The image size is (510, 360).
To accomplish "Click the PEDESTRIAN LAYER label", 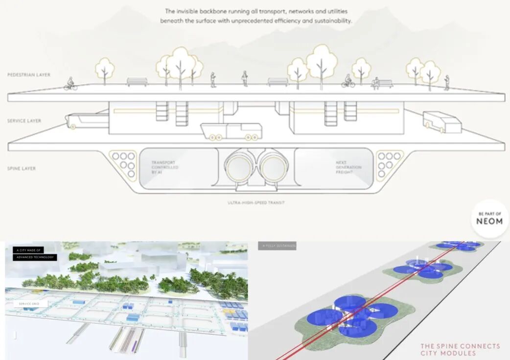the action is (x=29, y=75).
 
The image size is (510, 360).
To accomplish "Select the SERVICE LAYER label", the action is (x=24, y=120).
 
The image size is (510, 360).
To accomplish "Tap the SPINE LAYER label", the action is (x=23, y=169).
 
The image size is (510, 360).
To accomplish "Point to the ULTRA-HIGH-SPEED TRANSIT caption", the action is (x=256, y=202).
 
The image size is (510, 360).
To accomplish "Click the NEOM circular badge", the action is (x=489, y=218).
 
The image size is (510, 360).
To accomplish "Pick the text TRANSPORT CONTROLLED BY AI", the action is (x=164, y=168).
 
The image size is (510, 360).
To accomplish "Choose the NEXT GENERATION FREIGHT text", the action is (x=348, y=168).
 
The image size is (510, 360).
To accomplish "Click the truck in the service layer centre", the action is (x=231, y=131).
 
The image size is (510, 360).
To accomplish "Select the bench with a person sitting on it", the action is (x=382, y=84).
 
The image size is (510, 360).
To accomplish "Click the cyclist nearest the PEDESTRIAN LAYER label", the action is (x=70, y=85).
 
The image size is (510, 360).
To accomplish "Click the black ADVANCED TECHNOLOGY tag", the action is (x=35, y=257).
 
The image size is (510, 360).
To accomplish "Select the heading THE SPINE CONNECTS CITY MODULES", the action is (x=460, y=349).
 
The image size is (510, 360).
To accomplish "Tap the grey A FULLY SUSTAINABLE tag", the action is (x=278, y=246).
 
